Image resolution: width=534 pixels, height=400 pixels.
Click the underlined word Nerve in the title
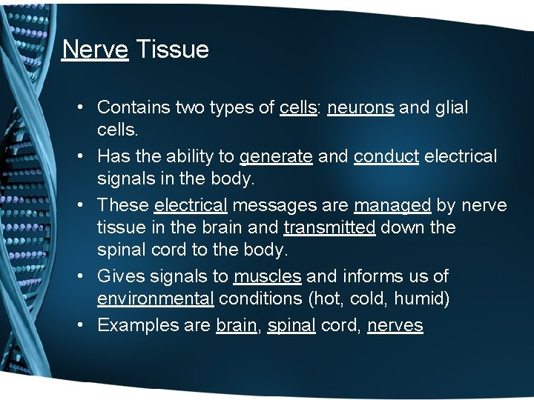coord(95,50)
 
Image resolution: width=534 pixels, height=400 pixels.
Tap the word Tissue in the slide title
coord(172,50)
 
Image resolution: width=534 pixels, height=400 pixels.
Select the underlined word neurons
coord(360,107)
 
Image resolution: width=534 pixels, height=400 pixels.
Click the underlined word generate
coord(276,157)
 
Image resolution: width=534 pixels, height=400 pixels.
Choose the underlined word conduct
coord(386,157)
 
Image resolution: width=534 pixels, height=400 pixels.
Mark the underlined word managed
coord(392,205)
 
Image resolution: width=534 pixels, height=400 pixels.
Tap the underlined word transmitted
coord(329,227)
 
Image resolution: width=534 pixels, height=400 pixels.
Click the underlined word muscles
coord(267,276)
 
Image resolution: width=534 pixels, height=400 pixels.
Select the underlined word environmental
coord(156,299)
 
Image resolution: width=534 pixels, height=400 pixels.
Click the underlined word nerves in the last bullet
coord(395,325)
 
